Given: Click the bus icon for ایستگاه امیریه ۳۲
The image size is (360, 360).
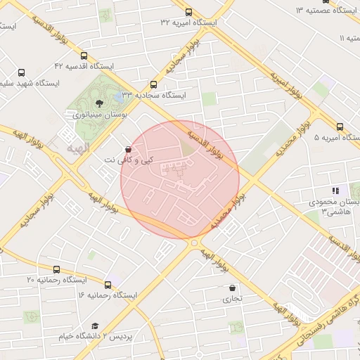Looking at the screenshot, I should pyautogui.click(x=188, y=12).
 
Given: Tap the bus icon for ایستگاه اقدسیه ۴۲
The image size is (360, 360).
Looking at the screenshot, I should pyautogui.click(x=84, y=56).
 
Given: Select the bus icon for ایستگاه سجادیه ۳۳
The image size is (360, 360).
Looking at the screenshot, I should pyautogui.click(x=154, y=84).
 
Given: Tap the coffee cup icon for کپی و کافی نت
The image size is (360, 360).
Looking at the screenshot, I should pyautogui.click(x=127, y=149).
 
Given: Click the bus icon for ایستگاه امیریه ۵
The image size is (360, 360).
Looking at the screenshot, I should pyautogui.click(x=340, y=127).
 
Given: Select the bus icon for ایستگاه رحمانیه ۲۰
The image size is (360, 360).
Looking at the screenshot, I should pyautogui.click(x=56, y=269).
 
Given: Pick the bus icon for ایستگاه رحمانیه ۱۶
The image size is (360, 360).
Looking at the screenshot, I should pyautogui.click(x=108, y=285).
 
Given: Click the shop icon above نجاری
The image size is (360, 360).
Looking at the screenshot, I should pyautogui.click(x=232, y=288).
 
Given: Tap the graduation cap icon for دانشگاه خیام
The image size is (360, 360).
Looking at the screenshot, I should pyautogui.click(x=95, y=326).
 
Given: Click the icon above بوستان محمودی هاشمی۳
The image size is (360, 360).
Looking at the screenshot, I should pyautogui.click(x=335, y=191).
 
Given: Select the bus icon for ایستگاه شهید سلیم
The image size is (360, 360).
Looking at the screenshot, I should pyautogui.click(x=21, y=72).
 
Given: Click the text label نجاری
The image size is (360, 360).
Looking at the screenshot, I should pyautogui.click(x=232, y=298).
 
